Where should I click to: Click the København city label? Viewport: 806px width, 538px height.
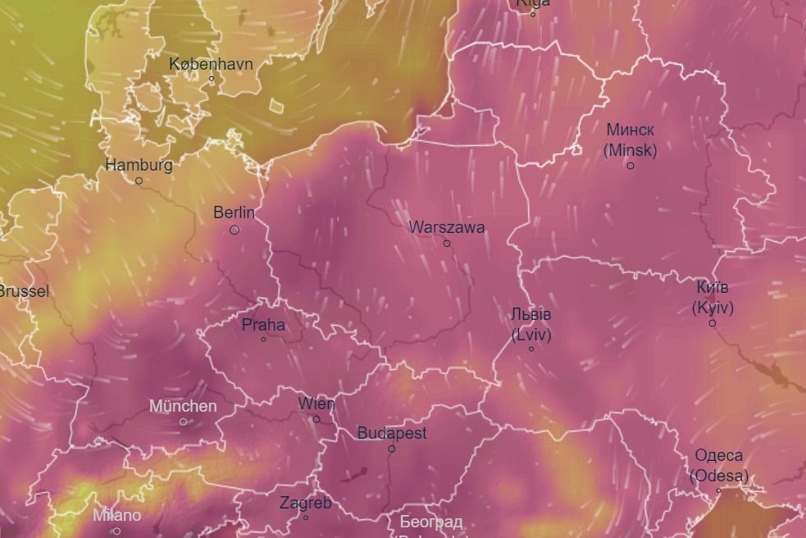211,64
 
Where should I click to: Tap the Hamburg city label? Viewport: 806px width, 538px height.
139,165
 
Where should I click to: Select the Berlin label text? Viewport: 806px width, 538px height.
234,212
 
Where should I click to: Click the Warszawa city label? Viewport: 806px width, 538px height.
447,227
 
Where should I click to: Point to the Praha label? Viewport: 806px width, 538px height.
263,325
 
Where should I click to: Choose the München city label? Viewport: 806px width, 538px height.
183,406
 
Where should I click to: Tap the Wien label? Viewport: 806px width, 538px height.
316,403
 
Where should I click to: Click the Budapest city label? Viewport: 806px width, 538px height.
392,433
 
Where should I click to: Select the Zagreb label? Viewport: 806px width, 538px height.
305,503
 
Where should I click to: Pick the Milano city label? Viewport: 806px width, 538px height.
116,516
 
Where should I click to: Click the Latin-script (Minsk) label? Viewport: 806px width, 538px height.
630,150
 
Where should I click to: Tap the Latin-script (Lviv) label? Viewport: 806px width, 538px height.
531,335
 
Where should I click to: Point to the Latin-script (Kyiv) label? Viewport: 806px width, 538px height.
712,308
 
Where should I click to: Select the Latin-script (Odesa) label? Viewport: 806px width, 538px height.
718,476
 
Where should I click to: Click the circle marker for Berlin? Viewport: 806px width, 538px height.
235,230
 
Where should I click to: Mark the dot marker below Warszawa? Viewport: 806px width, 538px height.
447,244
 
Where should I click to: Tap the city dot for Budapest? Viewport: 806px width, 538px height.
392,449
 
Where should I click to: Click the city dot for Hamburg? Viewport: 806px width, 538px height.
139,180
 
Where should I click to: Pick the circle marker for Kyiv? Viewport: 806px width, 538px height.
712,323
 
